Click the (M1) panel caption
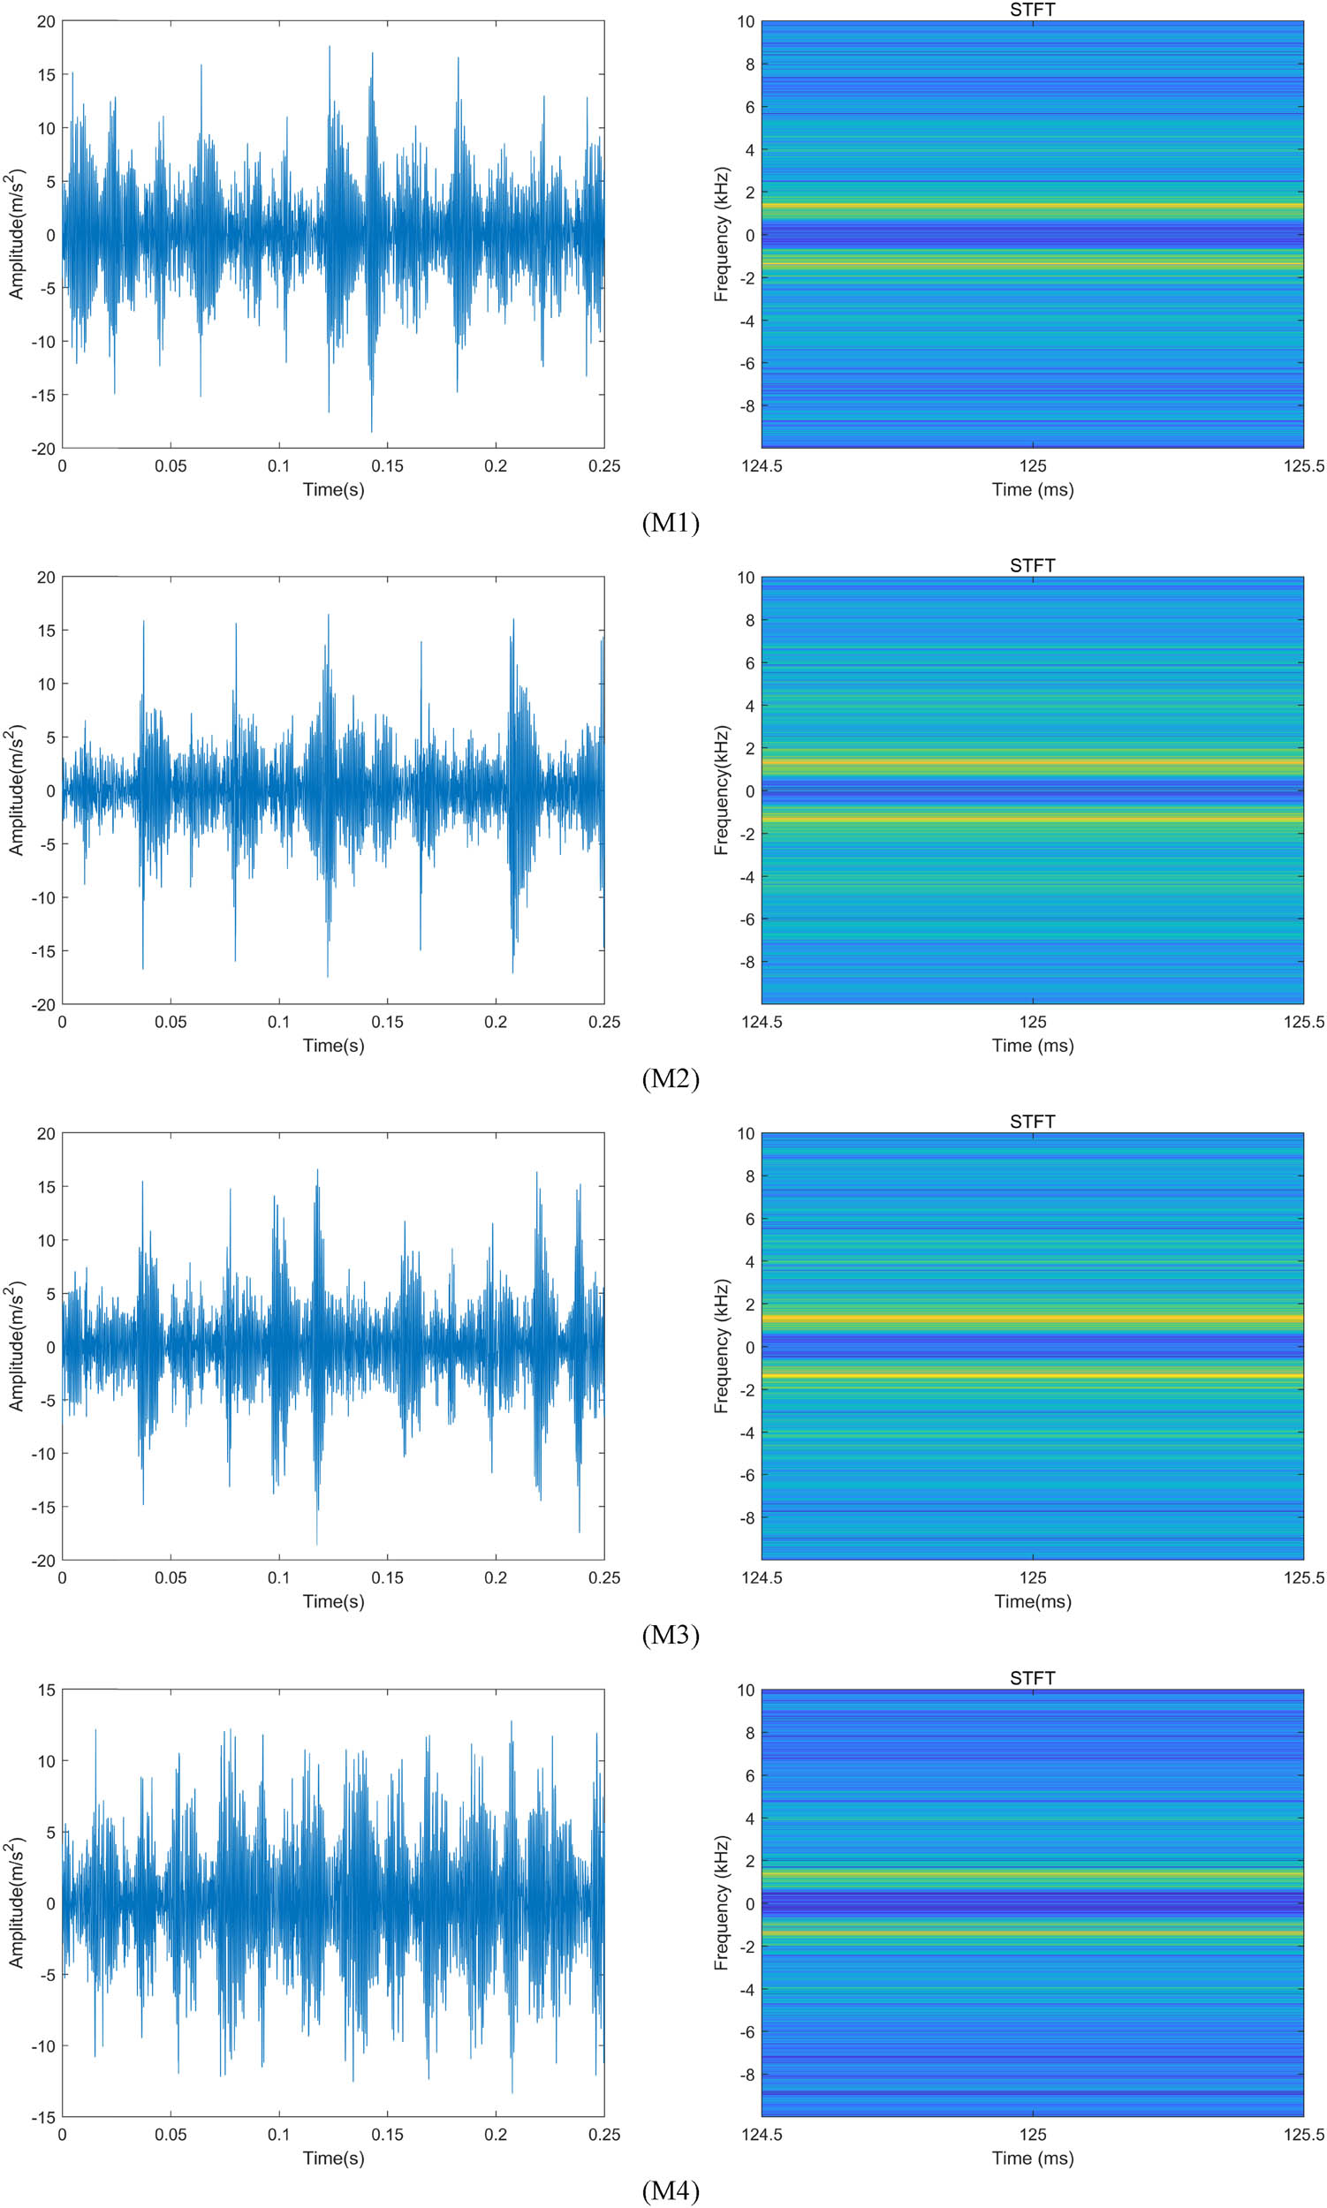[670, 523]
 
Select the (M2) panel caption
[670, 1079]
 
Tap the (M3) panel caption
[670, 1635]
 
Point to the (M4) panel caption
[670, 2190]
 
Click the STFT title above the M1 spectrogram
[1032, 10]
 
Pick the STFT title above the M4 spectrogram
[1032, 1678]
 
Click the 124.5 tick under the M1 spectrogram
[762, 465]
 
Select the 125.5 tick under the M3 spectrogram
[1303, 1577]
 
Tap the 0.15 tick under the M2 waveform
[387, 1022]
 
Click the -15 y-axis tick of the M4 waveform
[42, 2117]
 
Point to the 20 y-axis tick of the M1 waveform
[46, 21]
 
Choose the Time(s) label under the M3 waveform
[334, 1601]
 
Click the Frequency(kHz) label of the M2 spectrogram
[722, 790]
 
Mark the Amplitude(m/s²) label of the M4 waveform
[16, 1903]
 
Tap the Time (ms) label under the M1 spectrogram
[1032, 489]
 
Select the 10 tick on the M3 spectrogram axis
[745, 1133]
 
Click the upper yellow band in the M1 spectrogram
[1032, 206]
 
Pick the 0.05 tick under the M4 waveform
[170, 2135]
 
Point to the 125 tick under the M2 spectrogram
[1032, 1022]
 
